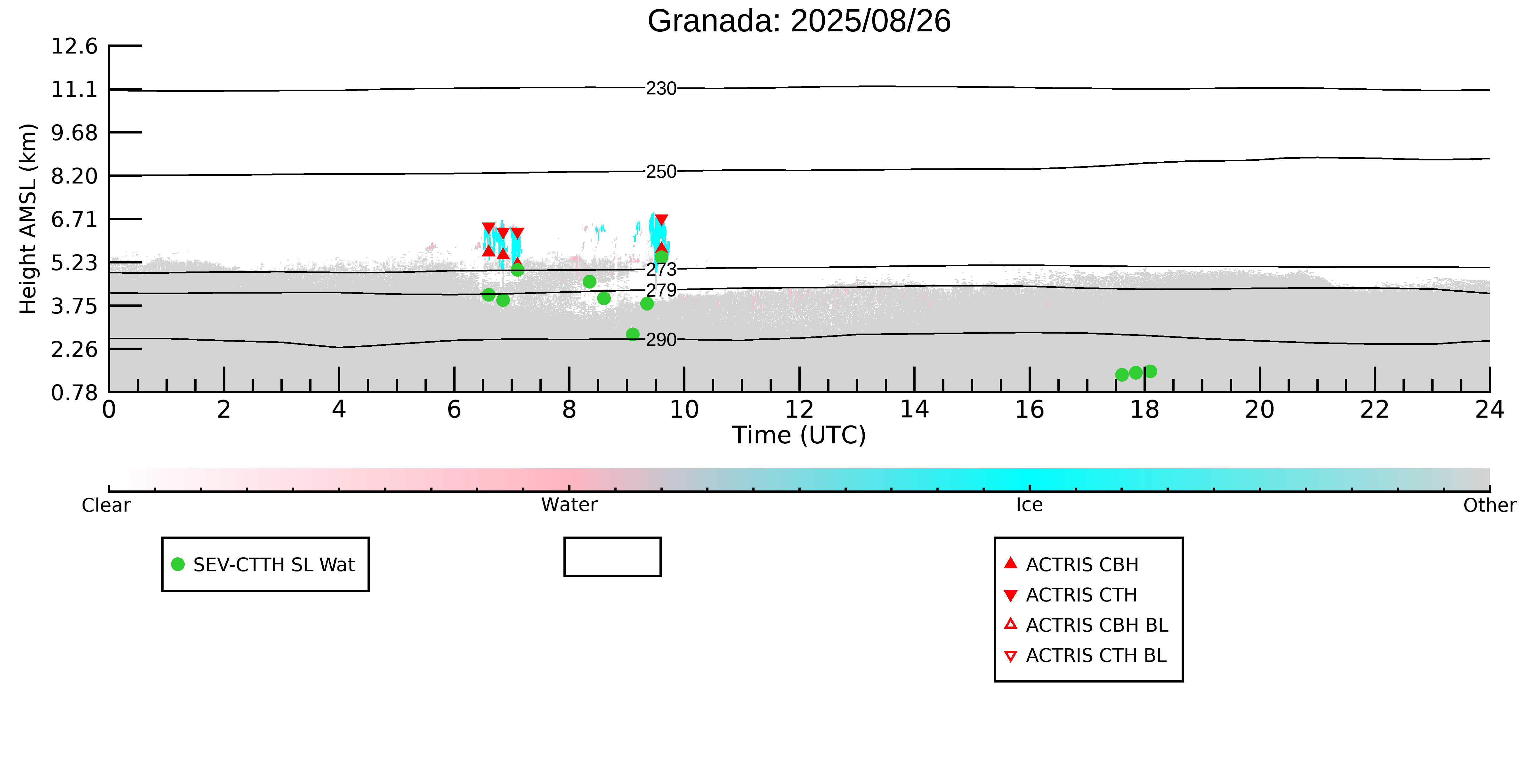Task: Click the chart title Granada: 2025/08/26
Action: click(799, 21)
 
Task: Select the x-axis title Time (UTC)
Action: click(799, 435)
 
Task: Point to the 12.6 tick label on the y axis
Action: click(74, 46)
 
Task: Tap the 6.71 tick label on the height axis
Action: click(74, 219)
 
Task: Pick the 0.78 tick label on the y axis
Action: click(74, 393)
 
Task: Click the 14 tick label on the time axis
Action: click(914, 410)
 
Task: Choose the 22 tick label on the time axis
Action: click(1374, 410)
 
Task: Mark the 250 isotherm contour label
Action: click(661, 172)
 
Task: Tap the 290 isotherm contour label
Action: click(661, 340)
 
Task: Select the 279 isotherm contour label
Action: click(661, 290)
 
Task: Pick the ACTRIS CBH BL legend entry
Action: click(1085, 625)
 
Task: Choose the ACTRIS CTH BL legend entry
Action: click(1085, 655)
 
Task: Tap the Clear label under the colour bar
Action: click(106, 505)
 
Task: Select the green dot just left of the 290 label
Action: click(633, 335)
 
